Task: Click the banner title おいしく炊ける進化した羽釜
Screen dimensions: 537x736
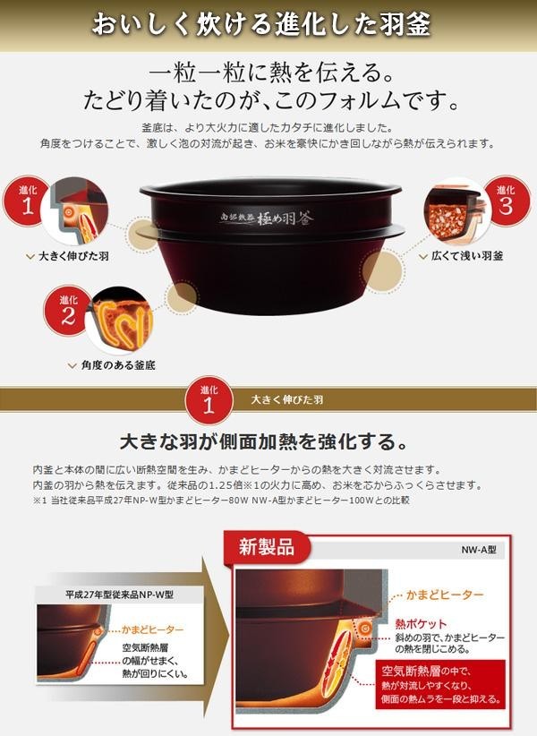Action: click(260, 24)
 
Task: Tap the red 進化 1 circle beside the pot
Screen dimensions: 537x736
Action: click(26, 201)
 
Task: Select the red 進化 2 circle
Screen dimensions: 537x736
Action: click(67, 310)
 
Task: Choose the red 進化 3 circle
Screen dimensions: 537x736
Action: click(507, 201)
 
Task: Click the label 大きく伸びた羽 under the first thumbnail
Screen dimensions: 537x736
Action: click(73, 256)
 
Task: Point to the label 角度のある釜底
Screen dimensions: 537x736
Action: click(118, 365)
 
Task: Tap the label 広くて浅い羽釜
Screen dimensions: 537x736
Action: click(467, 256)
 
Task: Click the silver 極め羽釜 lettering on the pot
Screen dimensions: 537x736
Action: click(267, 218)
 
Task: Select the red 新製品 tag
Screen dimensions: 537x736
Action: click(267, 546)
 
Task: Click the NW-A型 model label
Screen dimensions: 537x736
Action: click(478, 550)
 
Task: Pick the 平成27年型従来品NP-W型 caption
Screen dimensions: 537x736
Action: click(120, 595)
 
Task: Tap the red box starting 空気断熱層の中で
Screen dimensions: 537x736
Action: click(440, 685)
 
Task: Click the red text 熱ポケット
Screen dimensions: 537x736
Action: click(421, 624)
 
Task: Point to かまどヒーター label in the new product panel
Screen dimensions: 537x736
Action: click(444, 595)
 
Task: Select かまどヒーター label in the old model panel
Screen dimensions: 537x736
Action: click(152, 629)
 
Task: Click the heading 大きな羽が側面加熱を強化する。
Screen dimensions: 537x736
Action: click(264, 442)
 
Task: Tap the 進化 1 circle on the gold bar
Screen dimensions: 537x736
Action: click(209, 400)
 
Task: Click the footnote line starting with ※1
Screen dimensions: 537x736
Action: click(221, 501)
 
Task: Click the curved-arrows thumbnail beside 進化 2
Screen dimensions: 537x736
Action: click(121, 321)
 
